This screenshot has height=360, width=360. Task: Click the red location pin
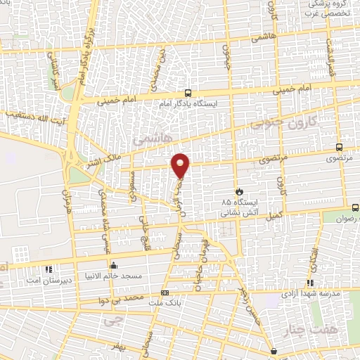point(181,165)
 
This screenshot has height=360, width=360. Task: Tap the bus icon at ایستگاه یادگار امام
point(188,92)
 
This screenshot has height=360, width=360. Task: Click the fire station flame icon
point(239,191)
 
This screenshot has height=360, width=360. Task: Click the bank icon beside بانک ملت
point(165,292)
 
